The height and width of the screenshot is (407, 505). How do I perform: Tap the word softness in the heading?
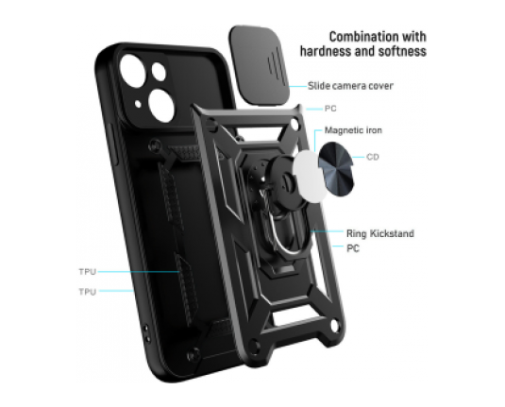pyautogui.click(x=402, y=51)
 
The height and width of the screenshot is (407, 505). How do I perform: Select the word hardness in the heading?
pyautogui.click(x=325, y=51)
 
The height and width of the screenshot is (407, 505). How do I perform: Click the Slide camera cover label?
pyautogui.click(x=350, y=86)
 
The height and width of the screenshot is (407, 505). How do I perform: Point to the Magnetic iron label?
pyautogui.click(x=353, y=130)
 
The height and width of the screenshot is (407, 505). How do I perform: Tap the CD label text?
pyautogui.click(x=373, y=157)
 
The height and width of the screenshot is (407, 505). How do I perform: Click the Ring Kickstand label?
pyautogui.click(x=380, y=233)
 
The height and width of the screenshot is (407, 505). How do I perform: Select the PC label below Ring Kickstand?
pyautogui.click(x=353, y=248)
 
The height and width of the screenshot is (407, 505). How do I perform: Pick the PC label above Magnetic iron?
pyautogui.click(x=330, y=109)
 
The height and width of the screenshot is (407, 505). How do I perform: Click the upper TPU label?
pyautogui.click(x=88, y=272)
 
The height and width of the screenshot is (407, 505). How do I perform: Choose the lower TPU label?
pyautogui.click(x=88, y=292)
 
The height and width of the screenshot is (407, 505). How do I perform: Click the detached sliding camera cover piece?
pyautogui.click(x=260, y=64)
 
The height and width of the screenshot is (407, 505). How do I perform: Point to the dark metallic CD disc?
pyautogui.click(x=336, y=169)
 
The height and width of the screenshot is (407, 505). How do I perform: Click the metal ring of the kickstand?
pyautogui.click(x=278, y=232)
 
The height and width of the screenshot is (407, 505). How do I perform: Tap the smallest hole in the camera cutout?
pyautogui.click(x=138, y=104)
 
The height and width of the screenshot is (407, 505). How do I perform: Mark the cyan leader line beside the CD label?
pyautogui.click(x=358, y=158)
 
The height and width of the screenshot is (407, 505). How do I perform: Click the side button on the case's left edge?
pyautogui.click(x=113, y=144)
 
